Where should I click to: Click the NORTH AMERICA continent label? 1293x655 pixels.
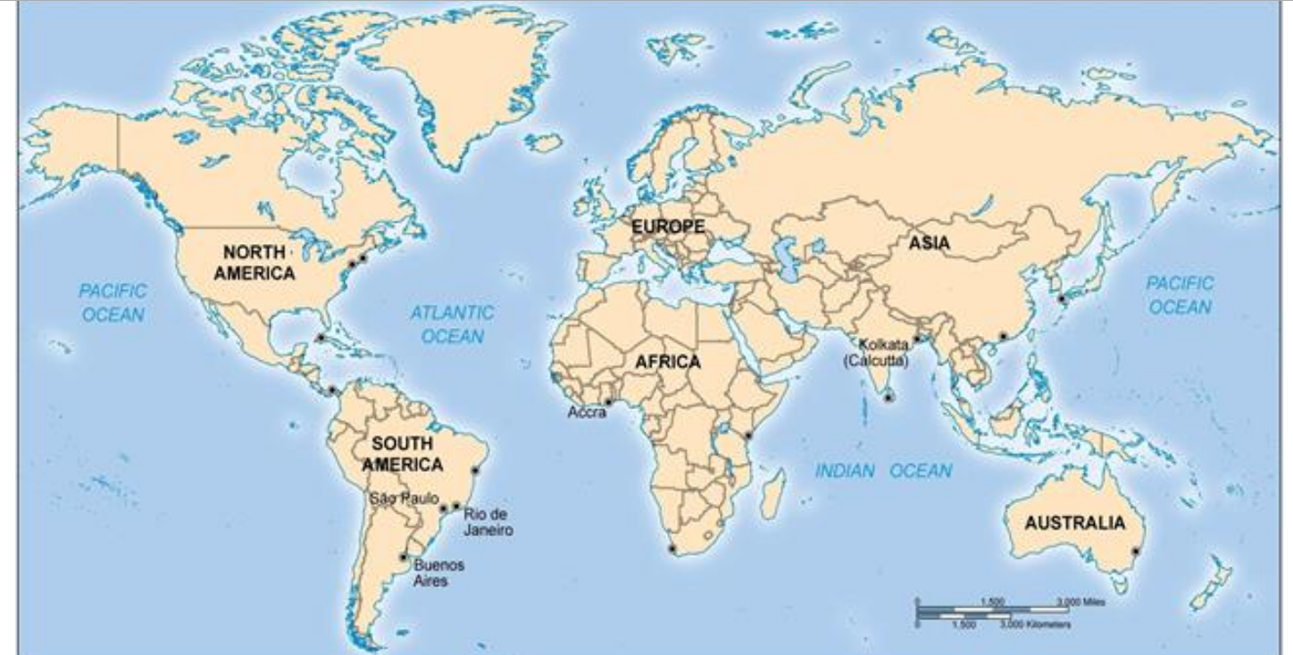coord(254,263)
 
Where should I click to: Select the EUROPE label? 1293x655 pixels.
coord(668,227)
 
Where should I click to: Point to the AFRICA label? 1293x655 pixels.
coord(668,363)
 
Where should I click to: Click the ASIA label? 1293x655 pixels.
coord(930,242)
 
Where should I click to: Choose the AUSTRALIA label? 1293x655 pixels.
coord(1075,524)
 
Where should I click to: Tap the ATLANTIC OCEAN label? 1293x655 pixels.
coord(452,324)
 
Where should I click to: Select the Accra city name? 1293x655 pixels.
coord(587,413)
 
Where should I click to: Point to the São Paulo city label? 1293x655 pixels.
coord(405,498)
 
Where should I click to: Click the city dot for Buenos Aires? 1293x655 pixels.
coord(404,557)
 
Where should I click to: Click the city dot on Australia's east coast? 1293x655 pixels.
coord(1136,551)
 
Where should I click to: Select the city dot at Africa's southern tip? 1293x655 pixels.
coord(672,548)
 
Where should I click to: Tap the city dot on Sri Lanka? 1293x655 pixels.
coord(888,397)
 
